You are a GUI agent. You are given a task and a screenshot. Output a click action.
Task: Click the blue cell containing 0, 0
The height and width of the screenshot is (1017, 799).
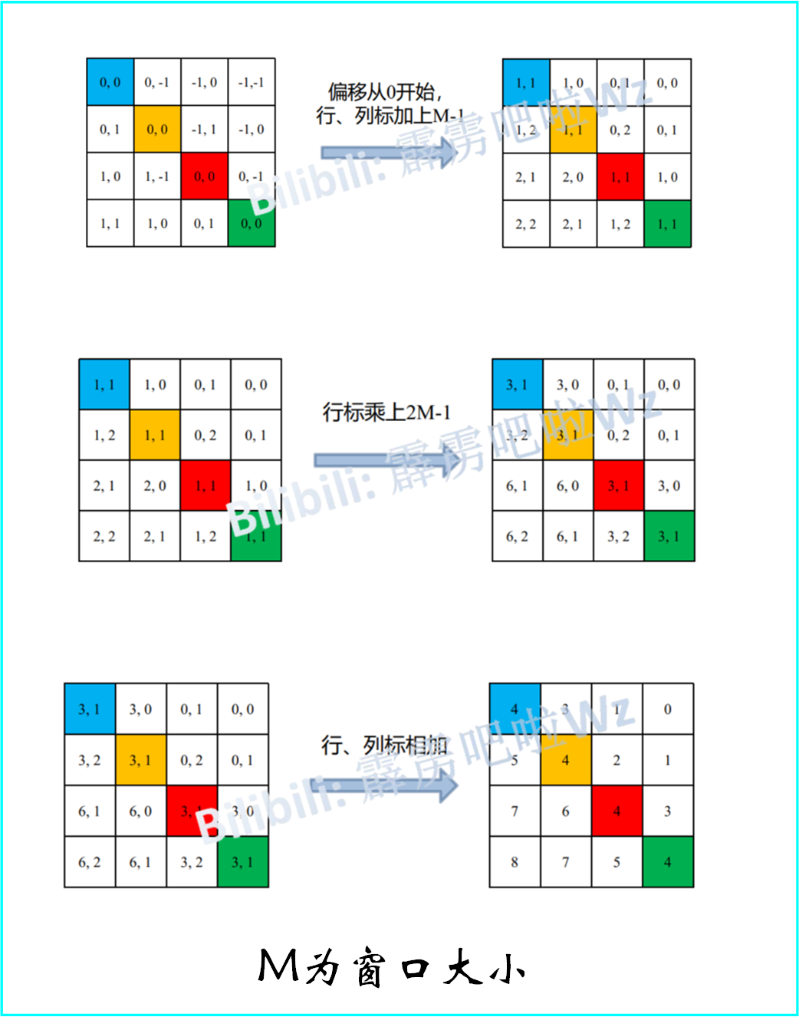pyautogui.click(x=110, y=82)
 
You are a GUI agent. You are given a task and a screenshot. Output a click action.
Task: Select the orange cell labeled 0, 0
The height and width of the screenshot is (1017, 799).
pyautogui.click(x=157, y=130)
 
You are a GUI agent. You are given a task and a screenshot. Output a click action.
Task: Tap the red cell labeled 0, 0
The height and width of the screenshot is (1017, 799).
pyautogui.click(x=205, y=176)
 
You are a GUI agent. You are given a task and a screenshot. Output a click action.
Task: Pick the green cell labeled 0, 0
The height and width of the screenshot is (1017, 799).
pyautogui.click(x=252, y=223)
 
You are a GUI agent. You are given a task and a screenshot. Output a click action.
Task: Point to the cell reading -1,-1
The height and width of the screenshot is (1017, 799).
pyautogui.click(x=252, y=82)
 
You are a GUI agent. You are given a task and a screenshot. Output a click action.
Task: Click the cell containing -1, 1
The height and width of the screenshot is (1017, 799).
pyautogui.click(x=205, y=130)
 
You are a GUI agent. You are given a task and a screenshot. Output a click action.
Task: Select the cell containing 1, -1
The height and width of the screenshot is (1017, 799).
pyautogui.click(x=157, y=176)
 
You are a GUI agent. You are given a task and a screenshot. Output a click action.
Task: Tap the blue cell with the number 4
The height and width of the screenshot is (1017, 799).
pyautogui.click(x=515, y=709)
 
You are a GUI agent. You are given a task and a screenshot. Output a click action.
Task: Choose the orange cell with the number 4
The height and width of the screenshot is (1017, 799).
pyautogui.click(x=566, y=760)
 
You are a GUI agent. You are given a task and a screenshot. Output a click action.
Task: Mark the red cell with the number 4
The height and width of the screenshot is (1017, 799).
pyautogui.click(x=617, y=811)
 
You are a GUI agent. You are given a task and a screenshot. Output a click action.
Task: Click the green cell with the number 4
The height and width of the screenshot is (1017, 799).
pyautogui.click(x=668, y=862)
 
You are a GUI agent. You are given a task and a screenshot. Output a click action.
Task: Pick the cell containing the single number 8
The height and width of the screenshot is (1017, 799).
pyautogui.click(x=515, y=862)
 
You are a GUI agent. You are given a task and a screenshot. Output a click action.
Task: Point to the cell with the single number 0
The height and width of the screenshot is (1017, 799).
pyautogui.click(x=668, y=709)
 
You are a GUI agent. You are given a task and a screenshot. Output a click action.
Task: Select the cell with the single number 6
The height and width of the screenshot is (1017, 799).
pyautogui.click(x=566, y=811)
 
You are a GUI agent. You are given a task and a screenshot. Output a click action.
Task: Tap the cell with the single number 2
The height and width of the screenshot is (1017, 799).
pyautogui.click(x=617, y=760)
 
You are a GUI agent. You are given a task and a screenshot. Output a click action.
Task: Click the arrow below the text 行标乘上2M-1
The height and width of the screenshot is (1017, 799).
pyautogui.click(x=388, y=460)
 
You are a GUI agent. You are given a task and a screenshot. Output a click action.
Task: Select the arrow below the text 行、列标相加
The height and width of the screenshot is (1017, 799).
pyautogui.click(x=387, y=785)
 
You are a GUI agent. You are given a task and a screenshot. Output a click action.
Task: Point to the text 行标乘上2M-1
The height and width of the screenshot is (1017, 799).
pyautogui.click(x=386, y=413)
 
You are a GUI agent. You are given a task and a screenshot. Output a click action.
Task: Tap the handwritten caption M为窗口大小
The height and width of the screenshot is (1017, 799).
pyautogui.click(x=392, y=967)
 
